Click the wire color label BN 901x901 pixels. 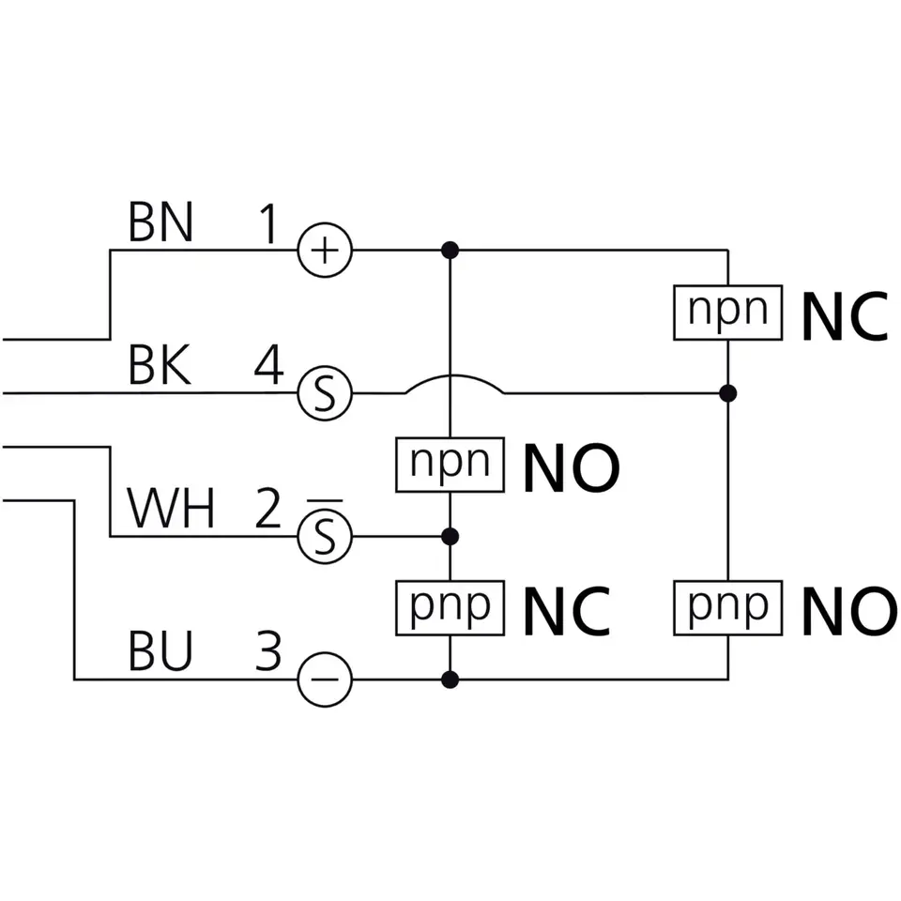point(160,222)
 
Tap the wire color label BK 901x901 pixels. point(160,366)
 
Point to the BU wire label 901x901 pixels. point(160,652)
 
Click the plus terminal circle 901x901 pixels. point(325,251)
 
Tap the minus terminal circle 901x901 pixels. point(325,679)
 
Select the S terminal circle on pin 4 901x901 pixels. point(325,393)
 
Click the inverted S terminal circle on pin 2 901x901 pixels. point(325,537)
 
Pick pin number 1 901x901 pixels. point(268,224)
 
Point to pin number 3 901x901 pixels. point(268,652)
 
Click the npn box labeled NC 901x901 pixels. point(728,313)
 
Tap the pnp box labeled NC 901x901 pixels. point(450,607)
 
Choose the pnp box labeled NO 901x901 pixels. point(728,607)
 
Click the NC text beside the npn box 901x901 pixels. point(844,317)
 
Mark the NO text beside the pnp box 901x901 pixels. point(848,611)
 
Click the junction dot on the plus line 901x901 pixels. point(450,251)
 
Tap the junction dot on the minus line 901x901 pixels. point(450,679)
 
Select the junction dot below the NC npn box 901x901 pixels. point(728,392)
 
